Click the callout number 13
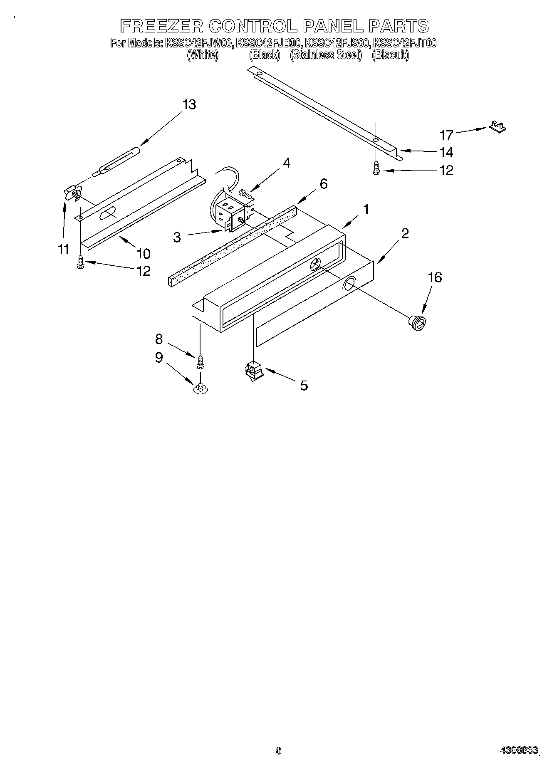(x=189, y=104)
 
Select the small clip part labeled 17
(x=497, y=126)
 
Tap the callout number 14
(x=446, y=152)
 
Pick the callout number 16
(x=435, y=277)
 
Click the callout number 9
(x=159, y=358)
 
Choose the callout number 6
(x=323, y=183)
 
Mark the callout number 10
(x=143, y=253)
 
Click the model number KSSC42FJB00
(x=269, y=43)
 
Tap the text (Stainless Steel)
(x=326, y=55)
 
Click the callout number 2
(x=404, y=233)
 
